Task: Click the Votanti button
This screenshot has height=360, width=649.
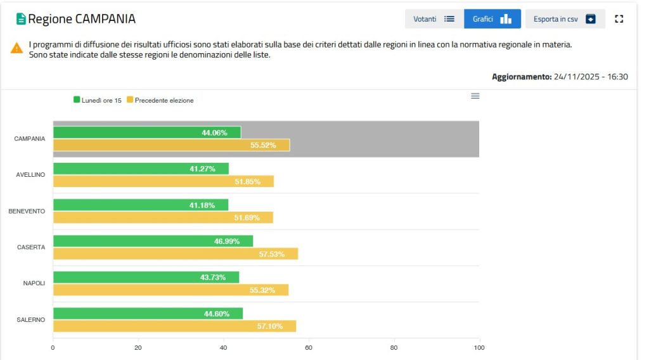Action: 434,19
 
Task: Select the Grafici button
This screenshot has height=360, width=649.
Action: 492,19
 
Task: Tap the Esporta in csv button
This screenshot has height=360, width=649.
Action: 565,19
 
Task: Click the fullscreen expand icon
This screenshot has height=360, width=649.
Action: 619,19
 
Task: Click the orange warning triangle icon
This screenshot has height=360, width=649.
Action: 16,48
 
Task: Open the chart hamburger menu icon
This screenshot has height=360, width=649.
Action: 475,96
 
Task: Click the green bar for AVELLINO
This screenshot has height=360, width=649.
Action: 141,169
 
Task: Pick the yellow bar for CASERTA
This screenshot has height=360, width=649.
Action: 175,254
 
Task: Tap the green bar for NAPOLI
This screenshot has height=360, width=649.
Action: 146,278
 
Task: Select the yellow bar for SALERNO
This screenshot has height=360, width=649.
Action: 174,326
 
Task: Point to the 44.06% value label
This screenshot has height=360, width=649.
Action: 214,133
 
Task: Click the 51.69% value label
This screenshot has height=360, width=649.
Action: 247,218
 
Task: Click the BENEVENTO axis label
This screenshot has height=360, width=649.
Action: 27,211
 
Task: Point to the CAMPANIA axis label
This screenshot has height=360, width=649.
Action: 29,139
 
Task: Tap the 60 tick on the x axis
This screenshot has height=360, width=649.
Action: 309,347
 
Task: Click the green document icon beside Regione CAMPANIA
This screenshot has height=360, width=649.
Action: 21,19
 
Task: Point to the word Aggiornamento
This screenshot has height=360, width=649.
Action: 521,77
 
